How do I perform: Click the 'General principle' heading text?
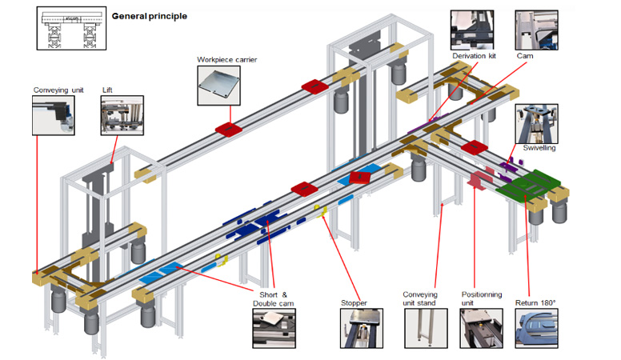(x=149, y=16)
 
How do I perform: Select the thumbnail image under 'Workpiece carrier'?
(x=218, y=87)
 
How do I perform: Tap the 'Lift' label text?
(x=107, y=90)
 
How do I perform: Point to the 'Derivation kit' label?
(x=474, y=57)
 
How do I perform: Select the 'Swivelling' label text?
(x=539, y=148)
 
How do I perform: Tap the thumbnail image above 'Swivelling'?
(x=531, y=122)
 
